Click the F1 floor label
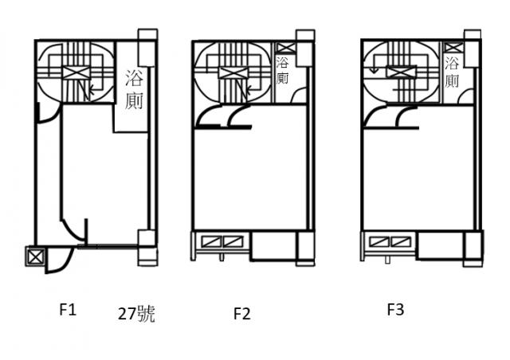[x=68, y=309]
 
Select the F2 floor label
[x=242, y=314]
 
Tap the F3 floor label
[x=395, y=309]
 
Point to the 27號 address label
[x=136, y=314]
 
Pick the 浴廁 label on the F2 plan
[x=282, y=71]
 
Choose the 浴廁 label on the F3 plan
[x=452, y=72]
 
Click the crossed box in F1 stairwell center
[x=76, y=72]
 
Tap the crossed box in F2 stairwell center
[x=233, y=72]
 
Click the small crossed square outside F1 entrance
[x=35, y=257]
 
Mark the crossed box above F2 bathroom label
[x=285, y=48]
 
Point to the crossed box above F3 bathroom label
[x=453, y=48]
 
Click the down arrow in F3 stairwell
[x=374, y=68]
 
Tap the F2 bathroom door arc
[x=299, y=96]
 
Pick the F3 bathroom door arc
[x=465, y=96]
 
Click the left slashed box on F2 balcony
[x=212, y=241]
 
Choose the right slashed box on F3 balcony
[x=400, y=241]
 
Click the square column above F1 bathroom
[x=147, y=48]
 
